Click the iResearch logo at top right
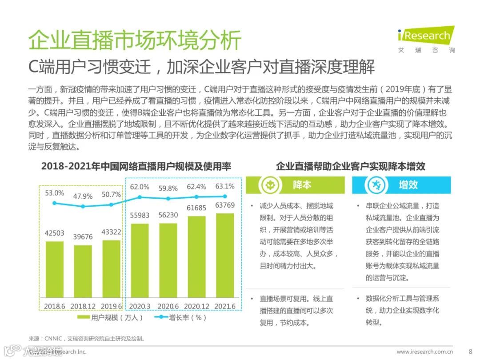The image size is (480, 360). tap(426, 39)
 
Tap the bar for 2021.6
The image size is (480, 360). tap(224, 256)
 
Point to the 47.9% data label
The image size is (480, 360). tap(83, 196)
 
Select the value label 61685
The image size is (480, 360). tap(196, 208)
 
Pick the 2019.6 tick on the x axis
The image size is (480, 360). tap(112, 306)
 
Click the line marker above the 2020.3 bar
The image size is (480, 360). tap(140, 197)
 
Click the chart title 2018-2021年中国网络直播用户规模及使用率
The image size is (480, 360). tap(136, 166)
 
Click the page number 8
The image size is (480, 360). tap(470, 351)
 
